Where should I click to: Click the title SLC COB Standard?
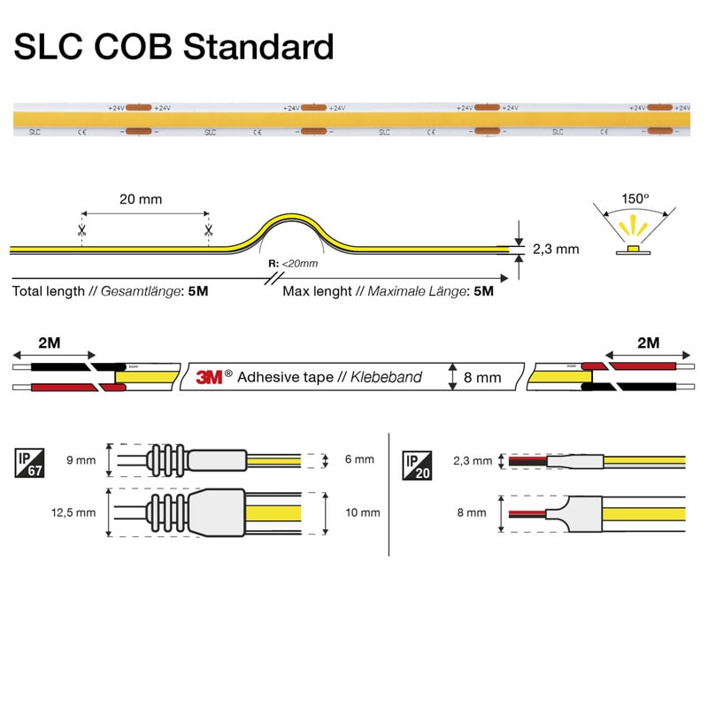point(173,47)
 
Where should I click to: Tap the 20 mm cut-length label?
point(141,199)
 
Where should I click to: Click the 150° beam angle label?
point(635,198)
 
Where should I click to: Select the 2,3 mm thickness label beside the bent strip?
point(556,249)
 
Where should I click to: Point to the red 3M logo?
point(208,377)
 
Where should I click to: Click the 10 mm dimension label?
point(364,512)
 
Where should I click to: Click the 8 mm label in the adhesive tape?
point(482,378)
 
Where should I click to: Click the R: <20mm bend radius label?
point(292,264)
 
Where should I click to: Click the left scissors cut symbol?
point(81,232)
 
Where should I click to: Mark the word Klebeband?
point(386,378)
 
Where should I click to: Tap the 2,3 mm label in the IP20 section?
point(472,460)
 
